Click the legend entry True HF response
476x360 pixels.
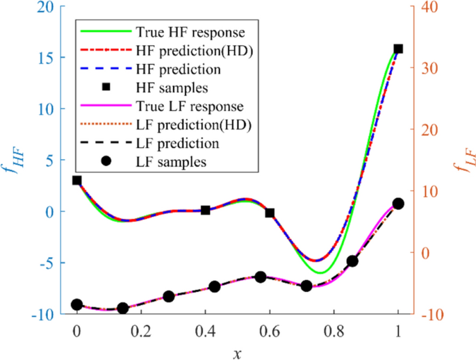click(163, 32)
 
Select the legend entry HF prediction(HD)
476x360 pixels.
click(163, 51)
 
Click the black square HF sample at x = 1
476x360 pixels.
click(398, 49)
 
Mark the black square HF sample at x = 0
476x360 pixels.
click(77, 180)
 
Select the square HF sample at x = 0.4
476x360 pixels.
click(206, 210)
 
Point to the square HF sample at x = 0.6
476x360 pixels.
click(270, 213)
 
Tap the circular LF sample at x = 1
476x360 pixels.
click(398, 204)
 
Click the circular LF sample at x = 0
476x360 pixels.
click(77, 304)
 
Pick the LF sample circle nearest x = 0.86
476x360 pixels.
click(352, 261)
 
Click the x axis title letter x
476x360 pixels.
click(238, 352)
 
